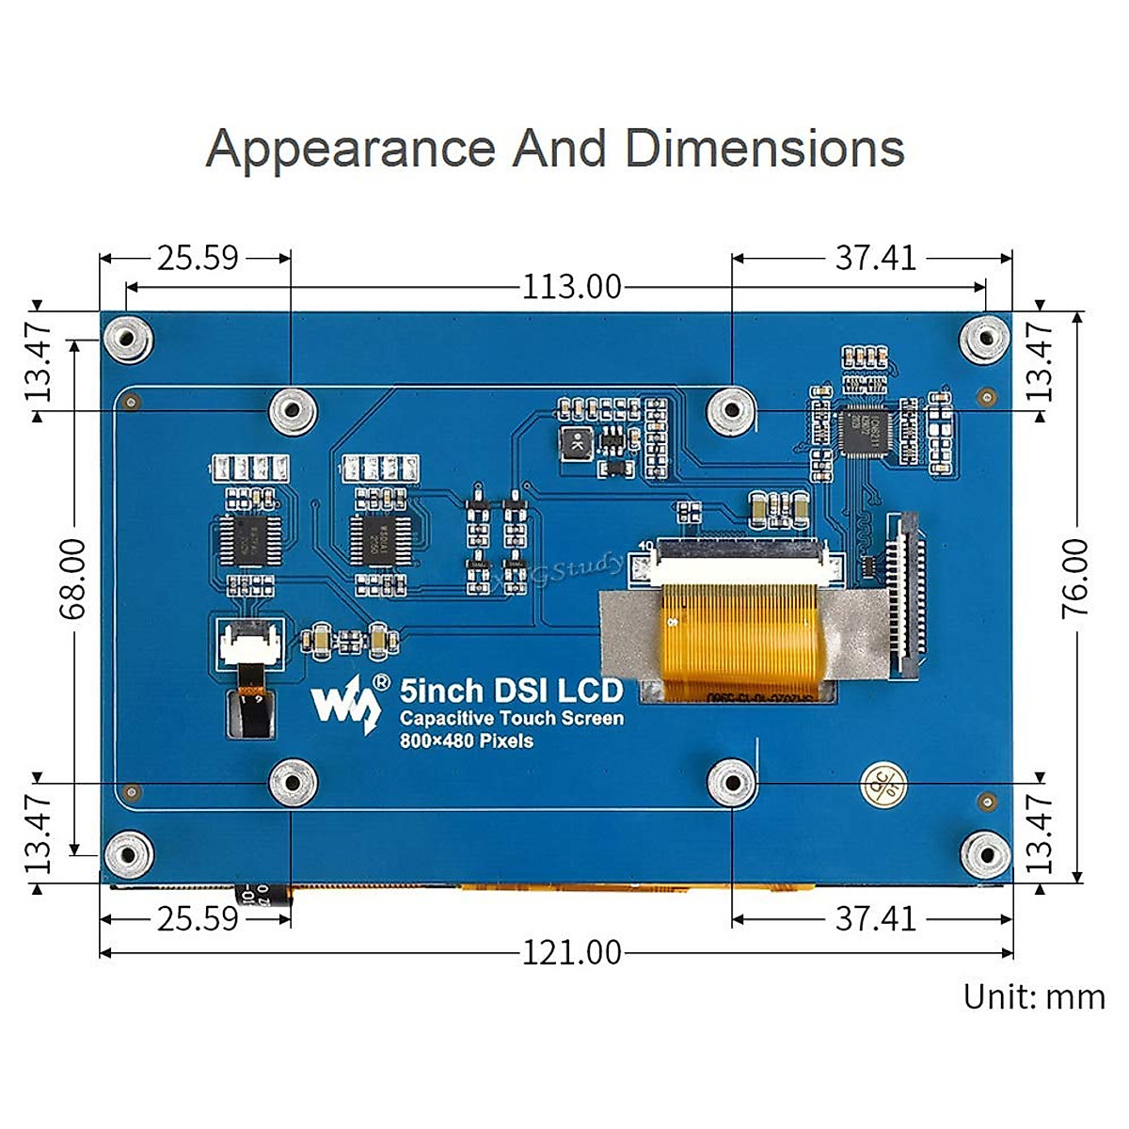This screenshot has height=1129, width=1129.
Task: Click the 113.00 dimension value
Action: [572, 286]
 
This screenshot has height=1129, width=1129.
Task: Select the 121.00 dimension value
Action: [572, 953]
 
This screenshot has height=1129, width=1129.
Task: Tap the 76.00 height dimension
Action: [1075, 578]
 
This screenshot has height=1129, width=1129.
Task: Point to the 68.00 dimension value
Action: [72, 578]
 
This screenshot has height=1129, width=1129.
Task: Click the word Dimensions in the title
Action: [764, 149]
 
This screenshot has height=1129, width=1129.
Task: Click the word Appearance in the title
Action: [350, 149]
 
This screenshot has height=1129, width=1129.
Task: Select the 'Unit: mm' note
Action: [1033, 996]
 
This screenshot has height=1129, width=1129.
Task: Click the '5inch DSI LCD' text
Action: [511, 691]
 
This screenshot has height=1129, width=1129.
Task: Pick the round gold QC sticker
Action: [883, 779]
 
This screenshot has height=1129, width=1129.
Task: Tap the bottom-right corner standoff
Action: [985, 854]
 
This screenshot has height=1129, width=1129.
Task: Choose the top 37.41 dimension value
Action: [875, 257]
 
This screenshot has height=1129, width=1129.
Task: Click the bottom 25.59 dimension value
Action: [198, 918]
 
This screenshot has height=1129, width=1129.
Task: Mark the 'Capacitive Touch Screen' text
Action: [511, 719]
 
